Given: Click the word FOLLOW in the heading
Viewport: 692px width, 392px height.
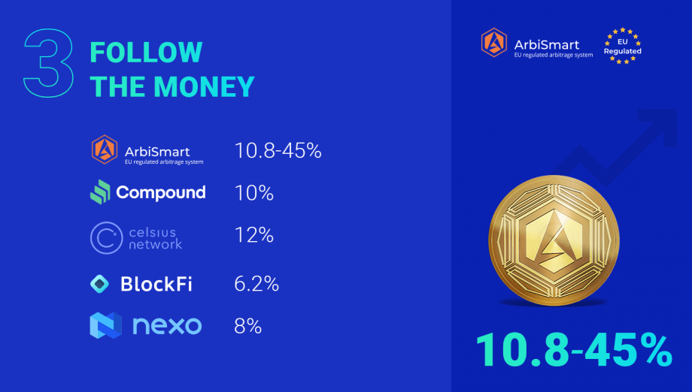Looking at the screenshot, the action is [x=146, y=53].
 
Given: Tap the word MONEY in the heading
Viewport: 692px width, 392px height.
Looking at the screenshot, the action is [x=204, y=86].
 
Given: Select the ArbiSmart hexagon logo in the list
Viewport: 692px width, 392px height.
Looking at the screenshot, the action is [x=105, y=149].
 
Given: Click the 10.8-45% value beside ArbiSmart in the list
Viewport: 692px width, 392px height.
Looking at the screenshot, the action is [x=278, y=151].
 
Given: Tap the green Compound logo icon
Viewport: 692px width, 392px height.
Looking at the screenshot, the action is [x=100, y=191].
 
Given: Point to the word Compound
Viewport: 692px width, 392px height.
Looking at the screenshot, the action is [x=161, y=193].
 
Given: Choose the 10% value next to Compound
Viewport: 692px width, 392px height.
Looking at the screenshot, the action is [x=254, y=193].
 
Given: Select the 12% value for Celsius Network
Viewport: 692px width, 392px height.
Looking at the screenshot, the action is [x=254, y=235].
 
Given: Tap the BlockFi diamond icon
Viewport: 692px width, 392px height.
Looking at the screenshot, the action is [x=100, y=284].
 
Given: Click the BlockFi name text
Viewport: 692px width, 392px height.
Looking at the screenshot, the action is [x=156, y=284].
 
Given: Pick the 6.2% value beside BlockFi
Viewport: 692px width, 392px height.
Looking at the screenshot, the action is [x=256, y=284].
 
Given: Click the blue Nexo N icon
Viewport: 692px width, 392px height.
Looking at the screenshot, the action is [x=106, y=325].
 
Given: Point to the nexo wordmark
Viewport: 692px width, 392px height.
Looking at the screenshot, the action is [x=167, y=326].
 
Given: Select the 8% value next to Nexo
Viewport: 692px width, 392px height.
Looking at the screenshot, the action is [x=248, y=327].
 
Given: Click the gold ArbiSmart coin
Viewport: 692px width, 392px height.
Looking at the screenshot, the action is [x=554, y=240].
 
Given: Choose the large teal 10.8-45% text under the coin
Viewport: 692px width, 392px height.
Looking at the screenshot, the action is [x=574, y=350].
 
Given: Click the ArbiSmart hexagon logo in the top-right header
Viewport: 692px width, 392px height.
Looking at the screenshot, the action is [x=494, y=43].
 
